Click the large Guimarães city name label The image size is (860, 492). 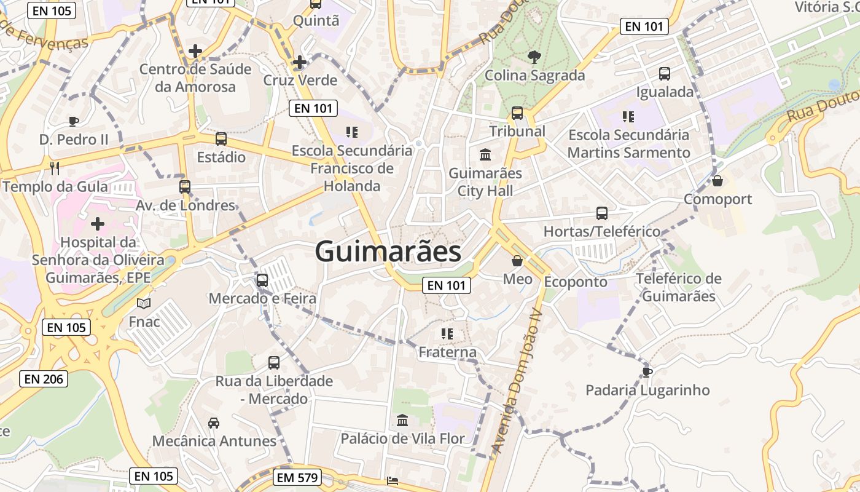388,252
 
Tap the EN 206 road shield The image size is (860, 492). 44,379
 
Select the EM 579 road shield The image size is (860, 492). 297,477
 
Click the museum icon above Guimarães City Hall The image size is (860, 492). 485,154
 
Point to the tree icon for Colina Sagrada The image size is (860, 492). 534,57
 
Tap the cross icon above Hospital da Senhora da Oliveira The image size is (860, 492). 97,224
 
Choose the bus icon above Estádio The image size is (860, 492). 221,139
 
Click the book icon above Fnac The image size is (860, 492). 144,303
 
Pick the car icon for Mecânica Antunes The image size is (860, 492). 214,423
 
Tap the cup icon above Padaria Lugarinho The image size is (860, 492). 647,371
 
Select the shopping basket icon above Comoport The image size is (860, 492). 717,181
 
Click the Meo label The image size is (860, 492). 518,279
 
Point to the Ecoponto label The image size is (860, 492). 576,282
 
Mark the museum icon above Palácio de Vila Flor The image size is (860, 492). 402,420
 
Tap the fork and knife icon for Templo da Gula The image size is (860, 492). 55,168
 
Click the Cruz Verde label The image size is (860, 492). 300,81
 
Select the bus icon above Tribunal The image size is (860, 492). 517,113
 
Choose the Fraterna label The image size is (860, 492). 447,352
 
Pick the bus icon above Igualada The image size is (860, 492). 665,74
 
